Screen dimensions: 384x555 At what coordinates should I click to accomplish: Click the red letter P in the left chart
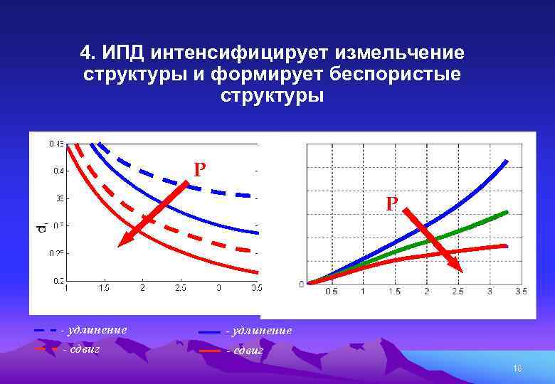click(200, 170)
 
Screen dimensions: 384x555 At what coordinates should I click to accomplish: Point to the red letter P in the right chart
click(391, 204)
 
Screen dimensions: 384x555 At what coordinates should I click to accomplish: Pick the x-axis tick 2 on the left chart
click(142, 289)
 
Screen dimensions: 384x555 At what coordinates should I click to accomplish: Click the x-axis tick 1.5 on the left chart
click(104, 289)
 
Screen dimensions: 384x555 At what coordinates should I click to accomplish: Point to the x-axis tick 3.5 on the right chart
click(521, 292)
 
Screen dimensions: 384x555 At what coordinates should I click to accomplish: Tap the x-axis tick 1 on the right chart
click(363, 292)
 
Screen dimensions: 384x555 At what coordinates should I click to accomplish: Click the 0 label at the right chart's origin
click(301, 284)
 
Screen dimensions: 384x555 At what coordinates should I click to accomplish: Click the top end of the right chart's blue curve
click(507, 161)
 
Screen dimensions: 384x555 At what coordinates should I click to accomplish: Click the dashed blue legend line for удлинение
click(46, 331)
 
